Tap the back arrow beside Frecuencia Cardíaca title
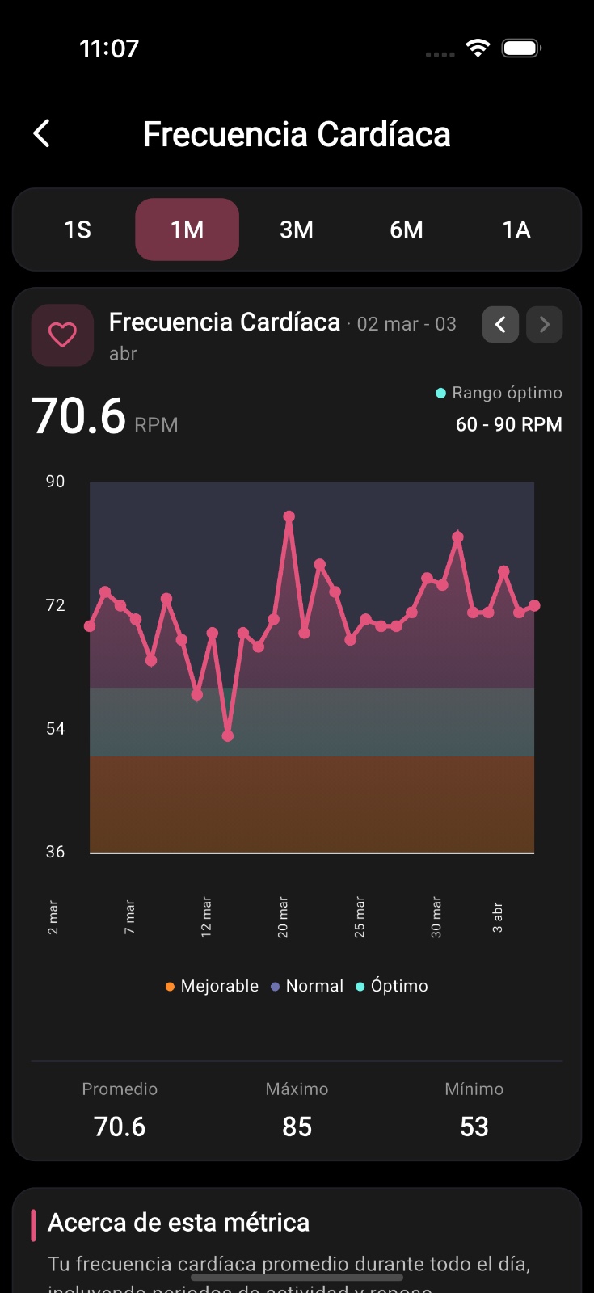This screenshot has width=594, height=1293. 42,133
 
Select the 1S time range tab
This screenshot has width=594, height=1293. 78,230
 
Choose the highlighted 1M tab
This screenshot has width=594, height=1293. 187,230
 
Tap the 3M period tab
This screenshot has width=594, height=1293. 297,230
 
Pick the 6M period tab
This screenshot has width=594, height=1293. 406,230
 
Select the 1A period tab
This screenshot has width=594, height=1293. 516,230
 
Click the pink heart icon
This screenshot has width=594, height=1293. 62,335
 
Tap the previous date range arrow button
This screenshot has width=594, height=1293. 500,324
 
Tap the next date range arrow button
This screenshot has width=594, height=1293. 544,324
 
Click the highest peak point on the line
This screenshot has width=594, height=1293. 289,516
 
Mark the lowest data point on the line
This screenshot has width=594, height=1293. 228,735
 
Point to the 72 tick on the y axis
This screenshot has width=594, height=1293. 55,605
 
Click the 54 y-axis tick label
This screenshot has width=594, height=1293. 55,729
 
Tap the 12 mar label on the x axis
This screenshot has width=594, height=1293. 206,916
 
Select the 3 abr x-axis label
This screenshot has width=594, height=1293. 498,917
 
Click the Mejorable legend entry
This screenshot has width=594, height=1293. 212,986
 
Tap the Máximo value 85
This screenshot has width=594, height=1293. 297,1127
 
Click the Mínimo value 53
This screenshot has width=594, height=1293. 474,1127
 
